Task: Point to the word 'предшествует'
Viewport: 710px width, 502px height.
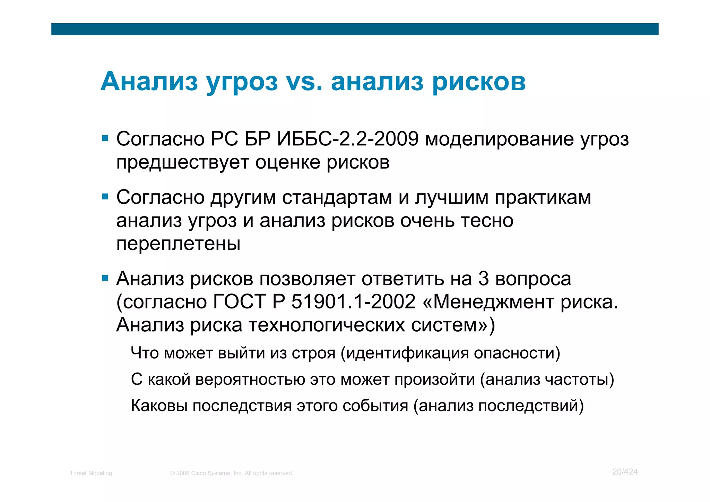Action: (182, 162)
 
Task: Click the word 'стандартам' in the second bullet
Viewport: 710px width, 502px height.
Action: (337, 197)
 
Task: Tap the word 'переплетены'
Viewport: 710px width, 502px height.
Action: (178, 244)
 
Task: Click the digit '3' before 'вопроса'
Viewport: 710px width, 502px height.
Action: (483, 279)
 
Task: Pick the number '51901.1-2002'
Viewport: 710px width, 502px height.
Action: (353, 301)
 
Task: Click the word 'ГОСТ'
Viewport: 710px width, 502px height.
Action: (239, 301)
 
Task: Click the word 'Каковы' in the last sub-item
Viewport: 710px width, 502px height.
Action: (159, 406)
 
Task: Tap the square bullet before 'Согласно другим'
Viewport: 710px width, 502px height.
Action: (105, 197)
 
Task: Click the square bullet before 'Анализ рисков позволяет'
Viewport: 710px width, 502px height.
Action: (105, 278)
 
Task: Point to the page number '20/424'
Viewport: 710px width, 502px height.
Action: (625, 472)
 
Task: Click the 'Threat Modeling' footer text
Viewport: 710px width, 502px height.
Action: (91, 473)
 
